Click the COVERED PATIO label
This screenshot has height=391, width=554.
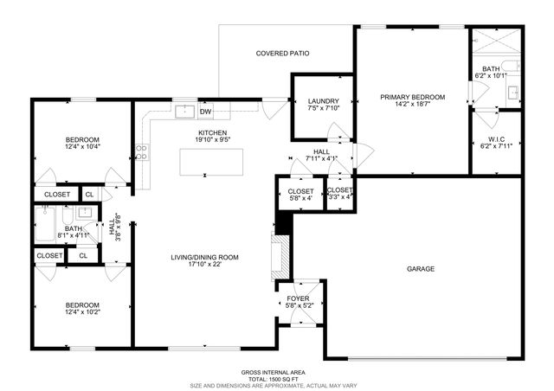click(x=282, y=54)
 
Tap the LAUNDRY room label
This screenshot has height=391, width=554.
click(x=323, y=101)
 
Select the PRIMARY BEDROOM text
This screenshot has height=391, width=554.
click(x=412, y=97)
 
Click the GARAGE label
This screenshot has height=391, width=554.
click(x=421, y=269)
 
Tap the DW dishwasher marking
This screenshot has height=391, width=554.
click(x=206, y=112)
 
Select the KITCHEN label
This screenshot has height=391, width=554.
click(x=212, y=132)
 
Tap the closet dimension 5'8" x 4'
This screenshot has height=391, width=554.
click(x=300, y=197)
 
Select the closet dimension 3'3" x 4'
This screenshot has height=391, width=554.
click(x=339, y=197)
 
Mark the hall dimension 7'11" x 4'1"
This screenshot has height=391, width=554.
click(x=321, y=159)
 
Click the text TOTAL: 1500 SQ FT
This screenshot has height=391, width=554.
click(x=276, y=378)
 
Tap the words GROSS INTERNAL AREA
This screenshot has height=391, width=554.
click(x=276, y=371)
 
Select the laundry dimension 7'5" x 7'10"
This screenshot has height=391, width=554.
click(x=323, y=109)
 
